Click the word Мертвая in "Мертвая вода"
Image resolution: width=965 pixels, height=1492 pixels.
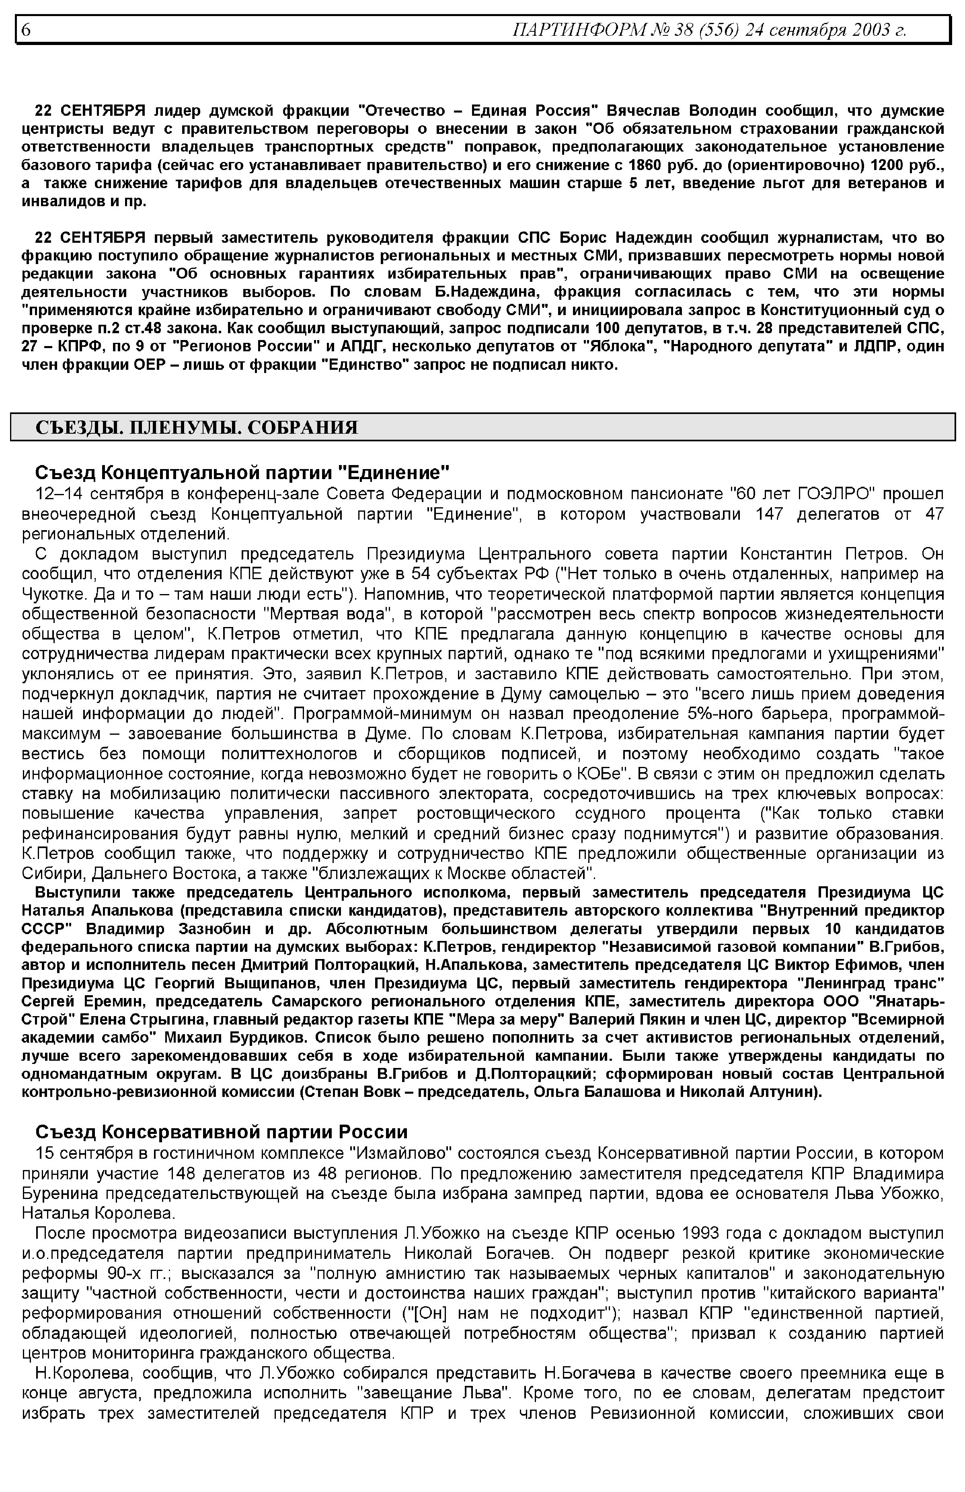point(303,613)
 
